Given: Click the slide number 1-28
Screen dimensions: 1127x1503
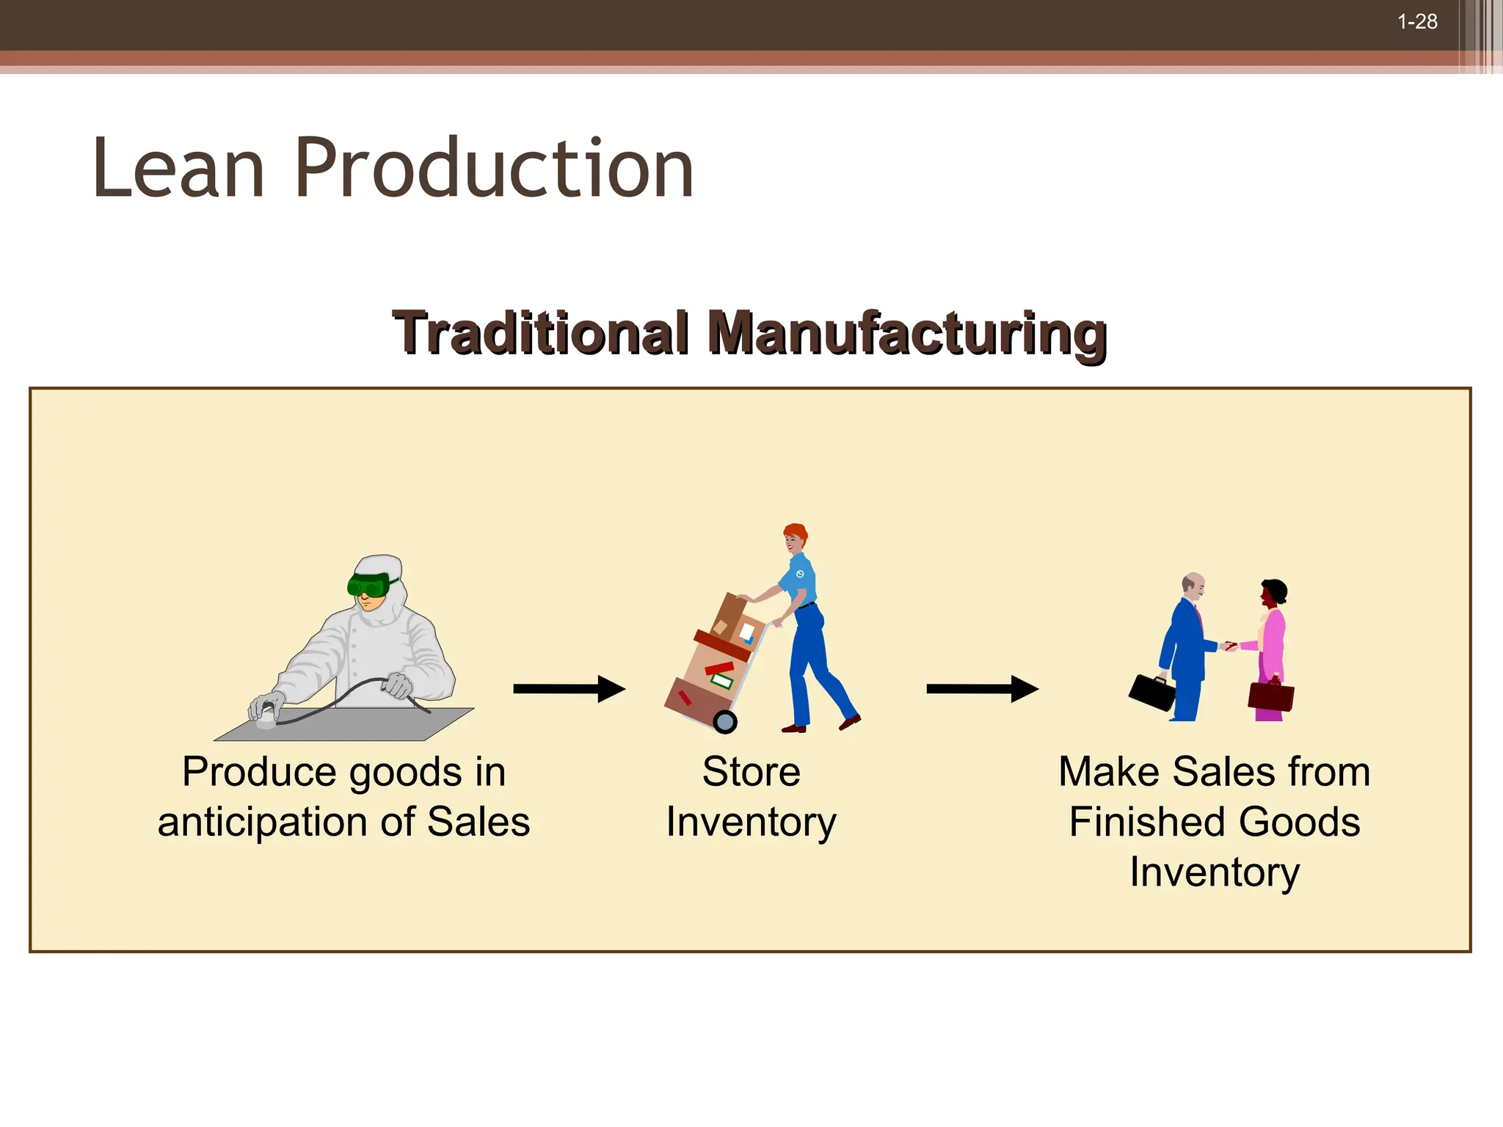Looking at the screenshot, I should tap(1417, 22).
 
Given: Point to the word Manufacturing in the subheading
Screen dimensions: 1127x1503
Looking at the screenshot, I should tap(907, 335).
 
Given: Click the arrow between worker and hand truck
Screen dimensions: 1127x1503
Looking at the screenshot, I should tap(569, 688).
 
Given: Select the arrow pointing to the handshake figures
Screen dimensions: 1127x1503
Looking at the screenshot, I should tap(982, 688).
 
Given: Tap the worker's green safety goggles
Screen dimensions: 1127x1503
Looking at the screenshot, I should tap(369, 585).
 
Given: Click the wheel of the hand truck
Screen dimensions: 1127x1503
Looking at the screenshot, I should tap(725, 722).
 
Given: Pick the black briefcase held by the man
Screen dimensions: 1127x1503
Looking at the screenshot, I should tap(1153, 692).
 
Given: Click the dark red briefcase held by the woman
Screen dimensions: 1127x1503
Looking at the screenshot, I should tap(1271, 696).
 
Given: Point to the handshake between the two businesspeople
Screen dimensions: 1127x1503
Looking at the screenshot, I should tap(1230, 646).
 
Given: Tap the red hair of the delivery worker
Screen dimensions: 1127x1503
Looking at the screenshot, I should tap(796, 531).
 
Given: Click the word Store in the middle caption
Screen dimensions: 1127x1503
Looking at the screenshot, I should tap(751, 772).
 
